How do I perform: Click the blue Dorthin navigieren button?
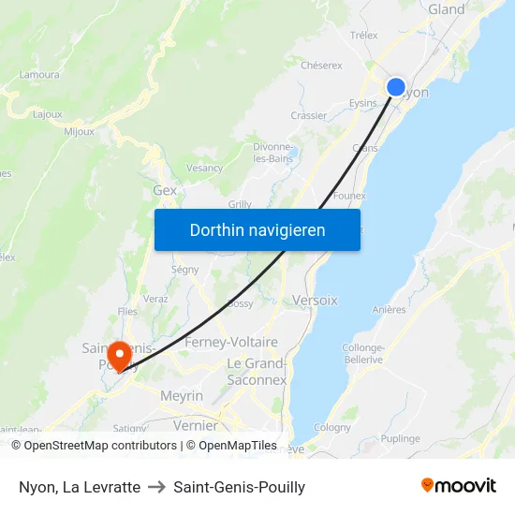coord(257,229)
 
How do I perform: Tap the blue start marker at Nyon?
coord(396,87)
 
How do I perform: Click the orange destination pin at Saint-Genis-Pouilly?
coord(119,355)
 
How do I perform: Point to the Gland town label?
coord(446,9)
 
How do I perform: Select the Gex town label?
coord(165,190)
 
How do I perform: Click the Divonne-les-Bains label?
coord(273,153)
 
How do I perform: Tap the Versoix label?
coord(315,300)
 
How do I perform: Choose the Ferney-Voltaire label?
coord(231,342)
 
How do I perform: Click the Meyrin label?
coord(181,396)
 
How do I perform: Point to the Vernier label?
coord(196,425)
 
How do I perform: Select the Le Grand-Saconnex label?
coord(257,372)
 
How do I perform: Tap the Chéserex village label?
coord(322,66)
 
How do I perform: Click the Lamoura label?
coord(38,74)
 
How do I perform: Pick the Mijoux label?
coord(79,132)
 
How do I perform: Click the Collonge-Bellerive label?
coord(362,353)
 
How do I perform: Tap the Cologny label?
coord(331,427)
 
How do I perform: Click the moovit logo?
coord(458,486)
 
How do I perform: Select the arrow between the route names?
coord(156,487)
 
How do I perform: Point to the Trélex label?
coord(363,36)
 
